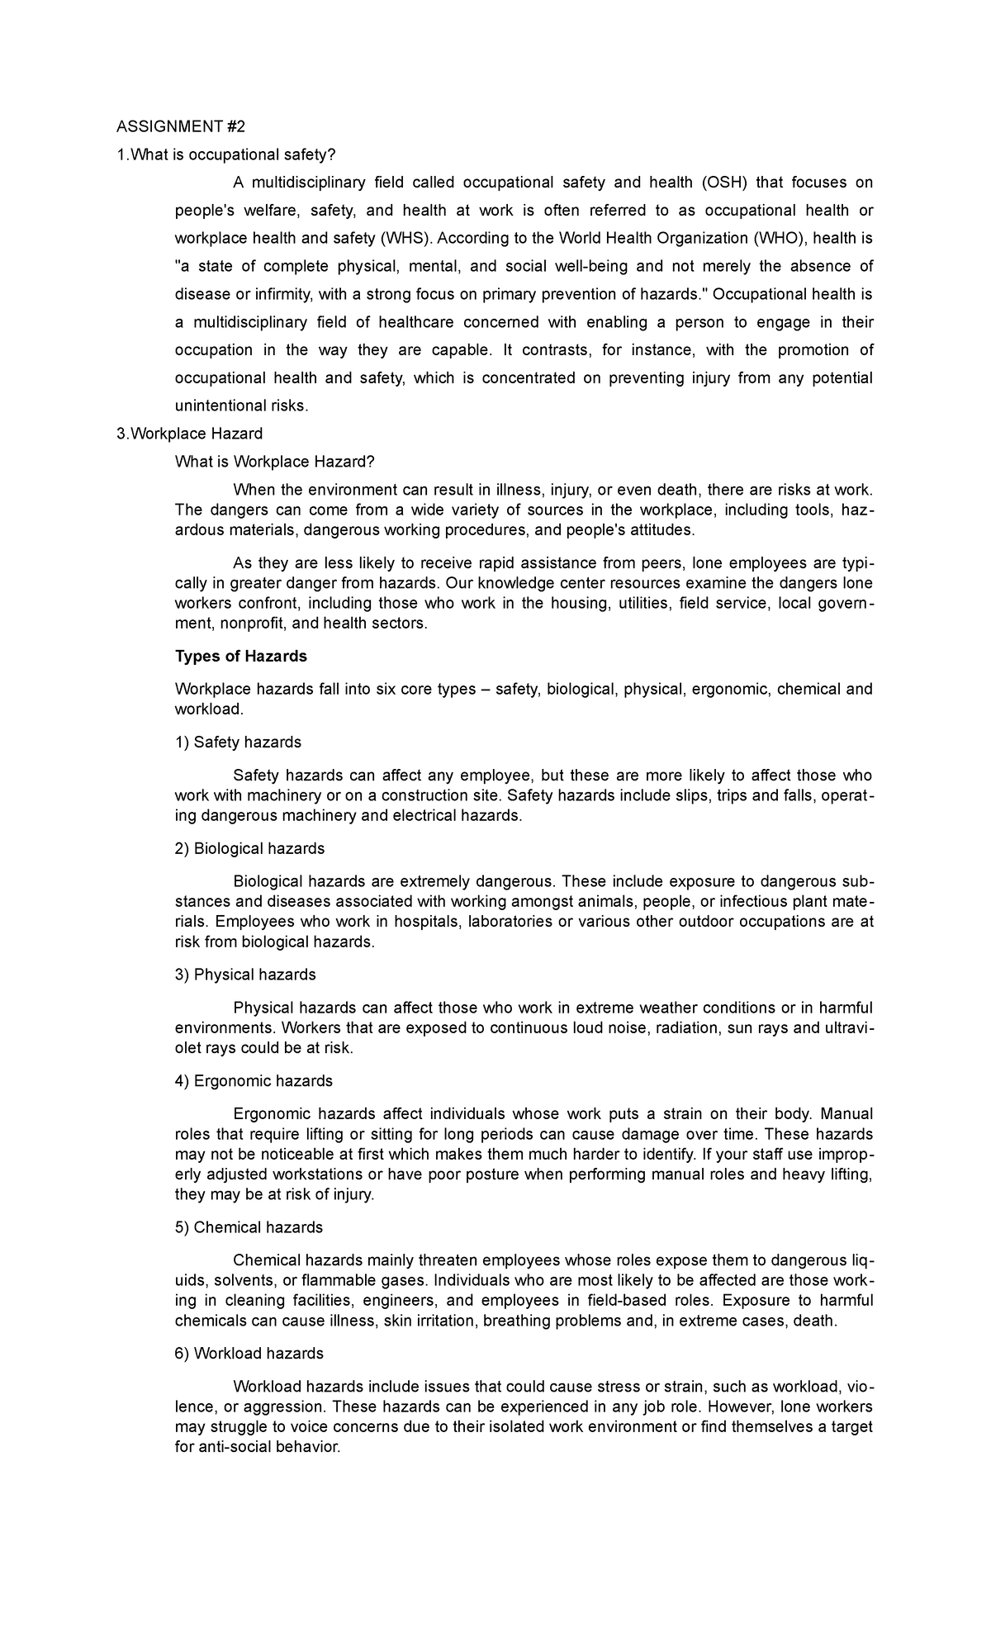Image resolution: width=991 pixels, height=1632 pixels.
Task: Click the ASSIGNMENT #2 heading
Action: click(x=181, y=126)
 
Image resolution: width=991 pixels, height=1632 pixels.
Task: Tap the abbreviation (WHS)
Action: click(x=405, y=239)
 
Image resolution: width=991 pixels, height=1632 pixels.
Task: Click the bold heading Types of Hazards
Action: click(x=241, y=657)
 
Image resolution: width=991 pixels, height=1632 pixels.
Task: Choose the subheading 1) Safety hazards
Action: click(x=238, y=742)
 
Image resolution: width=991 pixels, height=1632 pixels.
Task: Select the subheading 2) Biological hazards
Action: click(x=249, y=849)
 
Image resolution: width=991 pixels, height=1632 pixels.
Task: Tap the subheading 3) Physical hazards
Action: click(x=245, y=975)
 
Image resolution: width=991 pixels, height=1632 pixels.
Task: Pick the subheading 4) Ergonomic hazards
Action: click(x=254, y=1081)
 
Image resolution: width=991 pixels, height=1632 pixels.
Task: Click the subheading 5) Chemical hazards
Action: click(x=249, y=1227)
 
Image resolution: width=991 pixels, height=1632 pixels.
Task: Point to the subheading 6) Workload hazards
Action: click(x=249, y=1354)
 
